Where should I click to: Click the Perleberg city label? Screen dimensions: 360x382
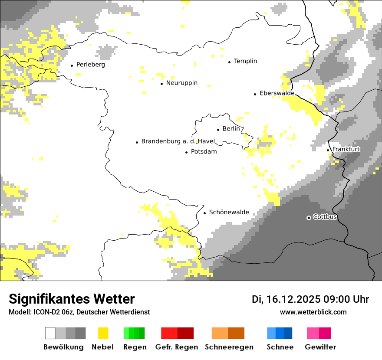tap(90, 65)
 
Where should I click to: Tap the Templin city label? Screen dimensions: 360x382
tap(245, 61)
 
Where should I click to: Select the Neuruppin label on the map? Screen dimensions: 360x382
tap(181, 83)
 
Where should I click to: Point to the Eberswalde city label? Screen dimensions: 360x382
tap(277, 93)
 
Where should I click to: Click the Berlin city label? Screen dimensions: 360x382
tap(231, 129)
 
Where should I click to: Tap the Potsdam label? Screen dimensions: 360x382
tap(204, 152)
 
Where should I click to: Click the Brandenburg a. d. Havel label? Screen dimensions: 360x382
tap(178, 141)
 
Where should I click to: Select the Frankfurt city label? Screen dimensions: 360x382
tap(346, 149)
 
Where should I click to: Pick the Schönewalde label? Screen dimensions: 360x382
tap(229, 212)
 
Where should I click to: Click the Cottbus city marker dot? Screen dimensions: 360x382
tap(309, 217)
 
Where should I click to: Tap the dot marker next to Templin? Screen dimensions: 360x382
tap(229, 62)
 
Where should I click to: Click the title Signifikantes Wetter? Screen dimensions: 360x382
tap(72, 299)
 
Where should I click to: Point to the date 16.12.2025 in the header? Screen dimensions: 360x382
tap(293, 299)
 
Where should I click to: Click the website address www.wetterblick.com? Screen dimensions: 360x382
tap(313, 312)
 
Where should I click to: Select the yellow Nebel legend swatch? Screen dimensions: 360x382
tap(103, 333)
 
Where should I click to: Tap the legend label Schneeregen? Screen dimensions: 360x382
tap(229, 347)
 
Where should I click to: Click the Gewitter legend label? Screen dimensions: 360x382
tap(320, 347)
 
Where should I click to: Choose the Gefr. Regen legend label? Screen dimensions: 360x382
tap(177, 347)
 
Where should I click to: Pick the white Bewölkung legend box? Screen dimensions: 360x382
tap(50, 333)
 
